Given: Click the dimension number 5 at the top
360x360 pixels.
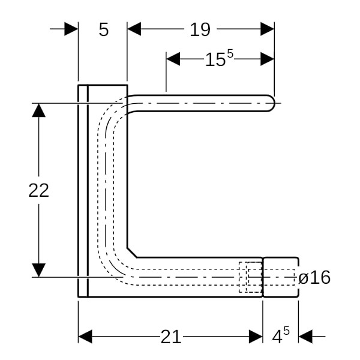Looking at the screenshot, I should tap(104, 29).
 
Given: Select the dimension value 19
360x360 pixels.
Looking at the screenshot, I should tap(200, 29).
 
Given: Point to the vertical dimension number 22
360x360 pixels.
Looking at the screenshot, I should tap(38, 190).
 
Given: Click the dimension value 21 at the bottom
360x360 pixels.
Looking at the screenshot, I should tap(170, 337).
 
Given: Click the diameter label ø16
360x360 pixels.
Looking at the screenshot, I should tap(314, 277).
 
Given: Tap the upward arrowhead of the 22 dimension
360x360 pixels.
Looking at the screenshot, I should tap(38, 110).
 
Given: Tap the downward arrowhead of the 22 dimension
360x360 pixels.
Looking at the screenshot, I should tap(38, 270).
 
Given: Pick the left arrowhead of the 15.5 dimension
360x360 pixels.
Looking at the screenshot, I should tap(173, 59).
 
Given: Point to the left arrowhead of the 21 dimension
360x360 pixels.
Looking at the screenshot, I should tap(85, 337).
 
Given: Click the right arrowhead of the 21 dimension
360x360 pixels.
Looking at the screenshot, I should tap(256, 337).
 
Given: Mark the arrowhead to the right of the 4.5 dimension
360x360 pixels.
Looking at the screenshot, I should tap(305, 337).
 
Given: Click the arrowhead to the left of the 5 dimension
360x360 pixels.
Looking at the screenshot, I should tap(71, 29).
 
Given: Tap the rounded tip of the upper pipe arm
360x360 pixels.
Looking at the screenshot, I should tap(271, 103).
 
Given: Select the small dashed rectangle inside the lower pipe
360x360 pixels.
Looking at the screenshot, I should tap(250, 277).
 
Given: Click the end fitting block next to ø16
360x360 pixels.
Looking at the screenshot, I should tap(280, 277).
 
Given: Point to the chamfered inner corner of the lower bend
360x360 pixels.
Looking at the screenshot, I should tap(132, 251).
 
